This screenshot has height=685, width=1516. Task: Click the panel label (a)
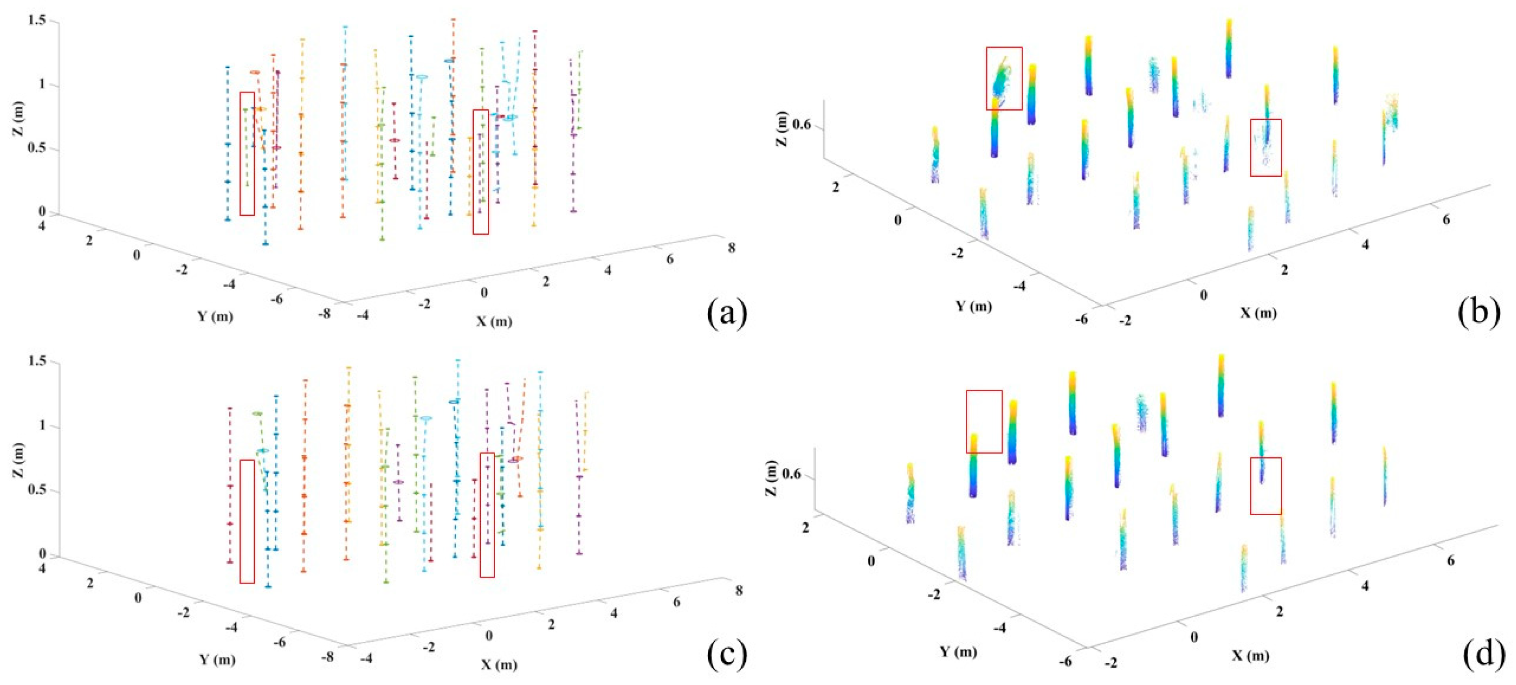point(727,313)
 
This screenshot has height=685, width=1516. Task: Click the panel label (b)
point(1479,313)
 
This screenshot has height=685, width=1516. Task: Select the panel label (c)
point(727,654)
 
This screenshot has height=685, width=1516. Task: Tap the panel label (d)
point(1479,654)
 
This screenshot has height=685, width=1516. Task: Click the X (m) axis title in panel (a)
point(494,321)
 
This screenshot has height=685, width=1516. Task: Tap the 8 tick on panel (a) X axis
point(731,248)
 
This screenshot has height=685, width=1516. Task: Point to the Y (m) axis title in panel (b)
point(973,306)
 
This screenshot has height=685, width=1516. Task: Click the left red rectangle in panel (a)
point(247,153)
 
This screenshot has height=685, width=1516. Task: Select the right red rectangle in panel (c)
point(487,514)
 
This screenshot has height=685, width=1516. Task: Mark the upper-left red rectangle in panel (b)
point(1004,78)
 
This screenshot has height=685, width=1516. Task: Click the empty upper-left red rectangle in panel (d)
point(984,421)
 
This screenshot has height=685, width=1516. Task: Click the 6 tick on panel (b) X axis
point(1446,219)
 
